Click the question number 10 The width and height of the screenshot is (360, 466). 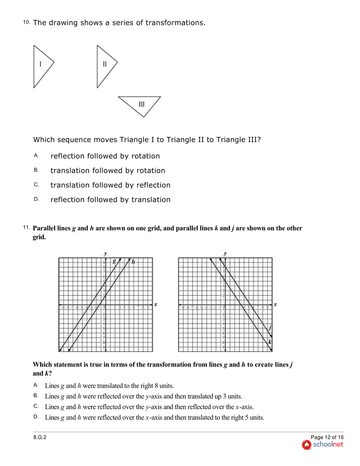click(26, 22)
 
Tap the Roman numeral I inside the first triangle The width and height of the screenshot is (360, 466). click(40, 64)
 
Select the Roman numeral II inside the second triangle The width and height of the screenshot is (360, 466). click(105, 64)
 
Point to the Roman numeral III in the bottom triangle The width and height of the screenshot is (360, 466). click(142, 104)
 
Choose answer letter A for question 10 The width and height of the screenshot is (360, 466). click(36, 156)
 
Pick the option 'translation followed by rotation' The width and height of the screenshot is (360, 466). click(107, 171)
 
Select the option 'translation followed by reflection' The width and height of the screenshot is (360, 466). click(110, 185)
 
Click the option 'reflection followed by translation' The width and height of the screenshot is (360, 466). click(110, 200)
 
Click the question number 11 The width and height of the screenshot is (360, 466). click(26, 227)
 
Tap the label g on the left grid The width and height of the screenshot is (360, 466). click(114, 261)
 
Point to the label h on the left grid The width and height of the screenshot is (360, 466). click(133, 262)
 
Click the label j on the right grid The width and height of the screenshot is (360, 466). click(270, 327)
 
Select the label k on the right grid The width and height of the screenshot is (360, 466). click(270, 342)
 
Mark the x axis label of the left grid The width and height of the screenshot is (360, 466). click(156, 304)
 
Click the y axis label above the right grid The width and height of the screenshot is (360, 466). click(225, 253)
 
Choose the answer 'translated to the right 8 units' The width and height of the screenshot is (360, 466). click(109, 386)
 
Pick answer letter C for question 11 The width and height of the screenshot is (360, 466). click(36, 406)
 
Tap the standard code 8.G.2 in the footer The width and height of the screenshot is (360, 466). click(40, 437)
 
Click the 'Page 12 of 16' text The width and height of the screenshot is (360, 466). click(327, 437)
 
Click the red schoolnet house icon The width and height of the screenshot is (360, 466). click(306, 445)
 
